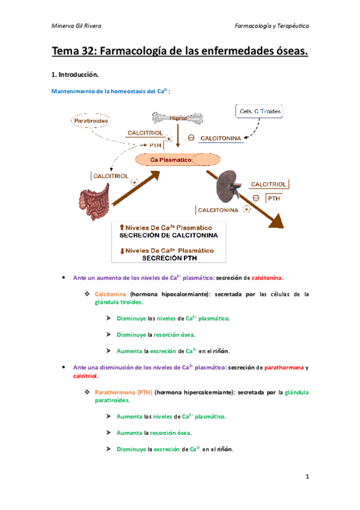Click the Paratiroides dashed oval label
(x=91, y=121)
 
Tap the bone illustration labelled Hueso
(x=178, y=118)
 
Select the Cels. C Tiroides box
(x=259, y=111)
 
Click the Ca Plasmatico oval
(x=178, y=160)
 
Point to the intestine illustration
(x=94, y=201)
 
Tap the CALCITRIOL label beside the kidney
(x=269, y=185)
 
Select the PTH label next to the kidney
(x=273, y=198)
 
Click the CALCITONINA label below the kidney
(x=218, y=210)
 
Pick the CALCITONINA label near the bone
(x=221, y=138)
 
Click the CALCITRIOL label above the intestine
(x=111, y=176)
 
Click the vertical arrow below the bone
(x=178, y=136)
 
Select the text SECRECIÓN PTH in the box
(x=169, y=258)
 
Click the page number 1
(x=307, y=476)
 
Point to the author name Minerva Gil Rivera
(x=76, y=26)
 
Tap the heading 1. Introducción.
(x=75, y=75)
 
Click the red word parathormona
(x=284, y=367)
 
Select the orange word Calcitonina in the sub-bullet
(x=110, y=294)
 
